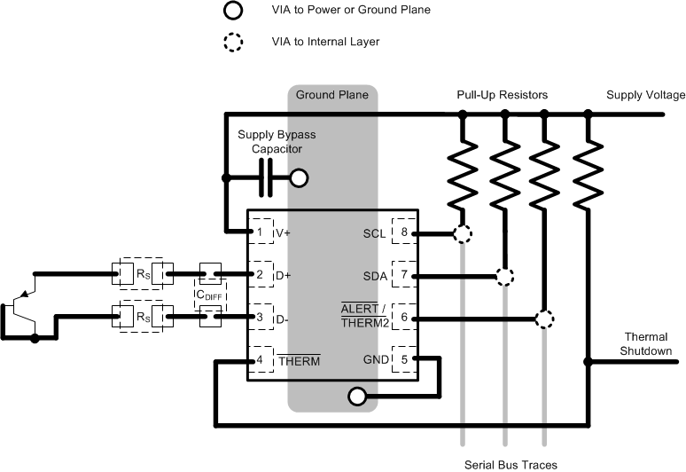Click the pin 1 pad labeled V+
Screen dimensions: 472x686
[x=260, y=232]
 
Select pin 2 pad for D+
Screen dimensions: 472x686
[x=260, y=275]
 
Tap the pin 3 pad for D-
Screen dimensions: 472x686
[x=260, y=317]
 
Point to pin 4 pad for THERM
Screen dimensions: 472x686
[x=260, y=359]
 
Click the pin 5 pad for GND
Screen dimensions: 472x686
[x=404, y=359]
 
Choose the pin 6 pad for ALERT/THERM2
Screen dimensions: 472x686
[x=404, y=317]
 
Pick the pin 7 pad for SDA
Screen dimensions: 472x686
[x=404, y=275]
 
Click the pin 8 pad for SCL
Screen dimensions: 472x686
[x=404, y=233]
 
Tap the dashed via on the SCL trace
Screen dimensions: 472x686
[x=462, y=234]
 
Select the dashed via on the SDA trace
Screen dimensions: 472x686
[x=504, y=276]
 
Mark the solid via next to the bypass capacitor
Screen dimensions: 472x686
[x=300, y=179]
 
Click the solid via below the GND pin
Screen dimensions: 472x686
[x=356, y=396]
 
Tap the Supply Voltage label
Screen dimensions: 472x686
[x=645, y=95]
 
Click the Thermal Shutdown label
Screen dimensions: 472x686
[x=646, y=344]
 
